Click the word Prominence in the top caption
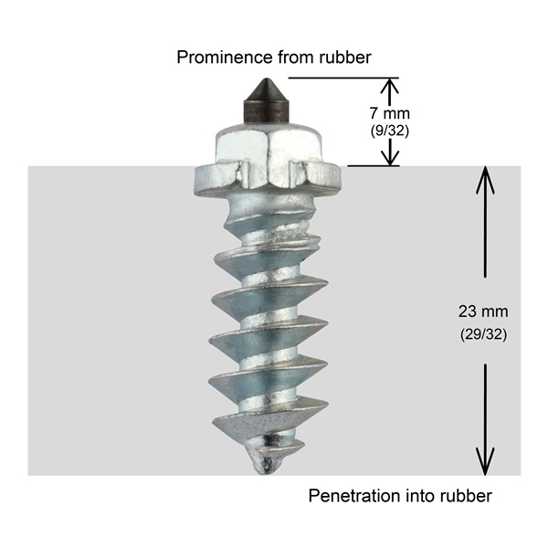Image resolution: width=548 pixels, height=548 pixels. click(x=225, y=58)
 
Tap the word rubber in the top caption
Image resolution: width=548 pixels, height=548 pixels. click(x=345, y=58)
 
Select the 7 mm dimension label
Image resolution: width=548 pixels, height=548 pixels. click(x=390, y=113)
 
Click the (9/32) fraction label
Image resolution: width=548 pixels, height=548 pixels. click(x=390, y=131)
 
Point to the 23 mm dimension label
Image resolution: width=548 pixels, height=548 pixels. click(x=483, y=311)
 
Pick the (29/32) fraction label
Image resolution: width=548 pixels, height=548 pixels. click(x=483, y=334)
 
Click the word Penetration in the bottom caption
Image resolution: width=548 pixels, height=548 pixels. click(x=355, y=496)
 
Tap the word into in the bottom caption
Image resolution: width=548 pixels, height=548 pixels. click(x=420, y=496)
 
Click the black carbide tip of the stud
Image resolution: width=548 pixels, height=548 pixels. click(x=266, y=100)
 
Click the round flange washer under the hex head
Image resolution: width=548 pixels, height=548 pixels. click(x=267, y=180)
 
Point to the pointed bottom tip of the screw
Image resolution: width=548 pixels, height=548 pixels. click(x=261, y=472)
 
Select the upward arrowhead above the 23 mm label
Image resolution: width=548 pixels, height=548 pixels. click(x=485, y=179)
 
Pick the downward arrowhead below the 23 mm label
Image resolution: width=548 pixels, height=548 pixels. click(x=485, y=462)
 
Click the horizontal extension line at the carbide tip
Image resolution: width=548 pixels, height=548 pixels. click(x=343, y=78)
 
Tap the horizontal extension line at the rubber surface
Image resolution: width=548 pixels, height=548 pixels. click(x=374, y=166)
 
